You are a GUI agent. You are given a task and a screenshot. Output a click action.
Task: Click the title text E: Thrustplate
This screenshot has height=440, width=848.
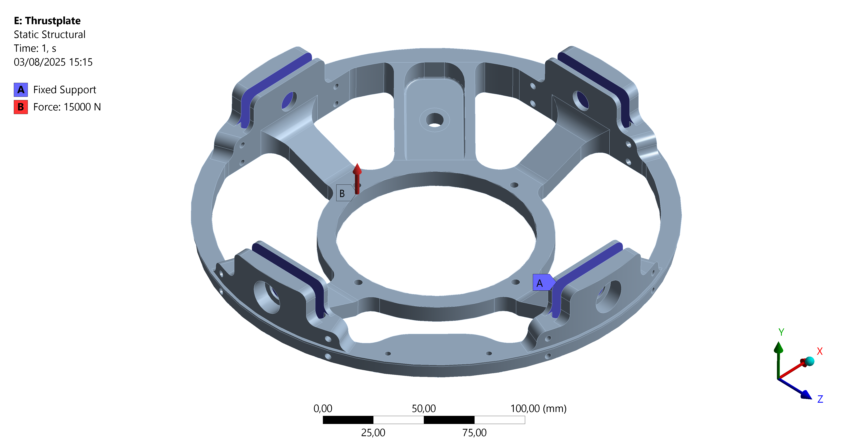pos(47,21)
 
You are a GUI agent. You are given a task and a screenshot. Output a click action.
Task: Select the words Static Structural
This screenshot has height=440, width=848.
pos(49,35)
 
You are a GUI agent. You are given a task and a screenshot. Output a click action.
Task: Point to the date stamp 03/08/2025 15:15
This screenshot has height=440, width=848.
pos(53,62)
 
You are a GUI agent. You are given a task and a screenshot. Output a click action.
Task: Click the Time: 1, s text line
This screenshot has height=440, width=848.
pos(35,48)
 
